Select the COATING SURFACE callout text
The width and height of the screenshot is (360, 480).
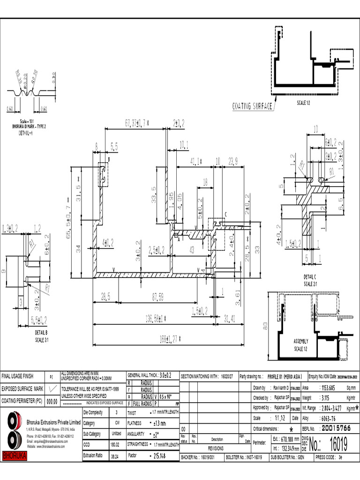(253, 106)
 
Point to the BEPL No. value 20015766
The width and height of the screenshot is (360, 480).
(337, 428)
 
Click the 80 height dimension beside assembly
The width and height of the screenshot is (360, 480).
(265, 327)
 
